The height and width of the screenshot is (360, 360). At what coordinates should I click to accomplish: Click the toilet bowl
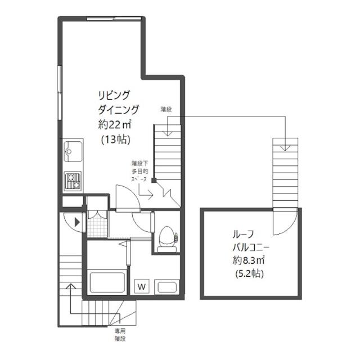[x=167, y=239]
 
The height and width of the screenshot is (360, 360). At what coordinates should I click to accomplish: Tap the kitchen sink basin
[x=73, y=151]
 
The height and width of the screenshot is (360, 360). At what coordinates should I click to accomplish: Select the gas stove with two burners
[x=73, y=181]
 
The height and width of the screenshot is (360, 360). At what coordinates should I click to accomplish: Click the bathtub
[x=107, y=282]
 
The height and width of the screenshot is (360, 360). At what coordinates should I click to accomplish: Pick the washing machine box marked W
[x=142, y=286]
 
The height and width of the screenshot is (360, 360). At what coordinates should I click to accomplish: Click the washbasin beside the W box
[x=167, y=286]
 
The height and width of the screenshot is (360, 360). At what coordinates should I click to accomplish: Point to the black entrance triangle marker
[x=77, y=222]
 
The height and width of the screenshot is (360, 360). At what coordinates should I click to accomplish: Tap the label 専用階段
[x=120, y=335]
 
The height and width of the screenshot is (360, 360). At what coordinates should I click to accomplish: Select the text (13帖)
[x=116, y=139]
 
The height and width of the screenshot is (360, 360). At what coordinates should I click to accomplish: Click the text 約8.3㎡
[x=249, y=260]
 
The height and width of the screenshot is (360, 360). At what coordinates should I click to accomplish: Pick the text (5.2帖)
[x=250, y=273]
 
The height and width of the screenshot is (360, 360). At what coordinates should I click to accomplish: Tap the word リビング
[x=114, y=95]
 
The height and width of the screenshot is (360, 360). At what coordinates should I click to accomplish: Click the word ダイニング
[x=119, y=110]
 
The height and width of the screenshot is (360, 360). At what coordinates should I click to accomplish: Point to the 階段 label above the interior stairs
[x=166, y=109]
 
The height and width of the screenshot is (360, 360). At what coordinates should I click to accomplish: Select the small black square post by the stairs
[x=154, y=180]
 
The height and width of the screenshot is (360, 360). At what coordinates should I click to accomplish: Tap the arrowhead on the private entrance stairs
[x=71, y=286]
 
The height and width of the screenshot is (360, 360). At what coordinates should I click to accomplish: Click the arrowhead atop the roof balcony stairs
[x=285, y=147]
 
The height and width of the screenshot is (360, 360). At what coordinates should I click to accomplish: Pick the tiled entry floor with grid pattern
[x=97, y=223]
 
